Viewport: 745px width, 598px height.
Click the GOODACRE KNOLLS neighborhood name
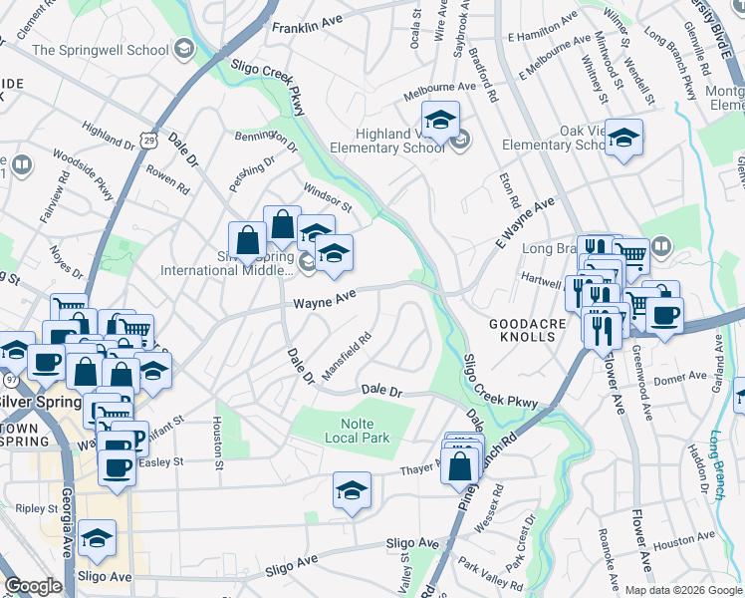tap(528, 331)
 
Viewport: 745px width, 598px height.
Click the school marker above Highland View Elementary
tap(440, 121)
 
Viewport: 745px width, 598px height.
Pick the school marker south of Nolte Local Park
tap(352, 490)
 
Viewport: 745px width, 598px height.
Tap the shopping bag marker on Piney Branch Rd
tap(460, 464)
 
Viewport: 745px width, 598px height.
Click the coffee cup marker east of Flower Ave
tap(664, 314)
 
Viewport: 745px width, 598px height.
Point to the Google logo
tap(33, 586)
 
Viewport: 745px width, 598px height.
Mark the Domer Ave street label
tap(682, 379)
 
